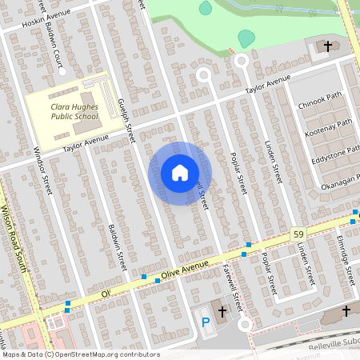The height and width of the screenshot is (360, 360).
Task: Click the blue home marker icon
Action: click(x=180, y=173)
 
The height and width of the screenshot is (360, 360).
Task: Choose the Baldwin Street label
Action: click(x=116, y=246)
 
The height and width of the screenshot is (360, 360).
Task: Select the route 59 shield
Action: click(x=298, y=233)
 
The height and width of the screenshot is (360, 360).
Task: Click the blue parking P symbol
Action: click(x=205, y=322)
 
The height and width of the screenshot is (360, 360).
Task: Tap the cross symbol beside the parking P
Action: click(x=222, y=310)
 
